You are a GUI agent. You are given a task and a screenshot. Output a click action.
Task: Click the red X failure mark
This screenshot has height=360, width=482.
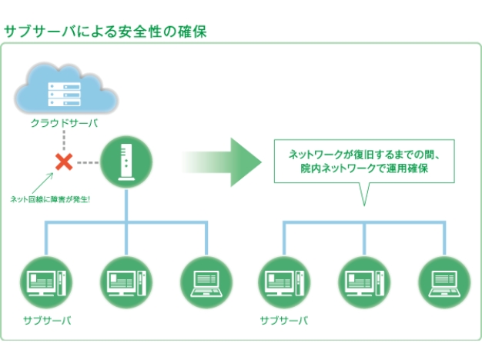pos(64,162)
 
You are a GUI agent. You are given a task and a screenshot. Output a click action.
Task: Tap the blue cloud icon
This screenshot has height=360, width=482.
pos(66,89)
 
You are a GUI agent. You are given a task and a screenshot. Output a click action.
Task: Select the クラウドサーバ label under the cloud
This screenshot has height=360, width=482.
pos(64,123)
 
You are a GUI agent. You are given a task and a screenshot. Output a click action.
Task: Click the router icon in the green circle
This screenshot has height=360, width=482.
pos(126,162)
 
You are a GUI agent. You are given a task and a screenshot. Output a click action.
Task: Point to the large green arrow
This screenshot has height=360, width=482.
pos(222,162)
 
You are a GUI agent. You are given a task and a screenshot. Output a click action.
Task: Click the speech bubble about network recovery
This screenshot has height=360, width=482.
pos(364,162)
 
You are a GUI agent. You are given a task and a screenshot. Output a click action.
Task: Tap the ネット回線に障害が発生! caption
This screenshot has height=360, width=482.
pos(50,199)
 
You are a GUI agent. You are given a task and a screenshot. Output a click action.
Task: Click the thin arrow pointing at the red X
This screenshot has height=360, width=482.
pos(42,183)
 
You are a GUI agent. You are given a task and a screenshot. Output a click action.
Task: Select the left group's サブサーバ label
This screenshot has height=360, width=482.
pos(47,321)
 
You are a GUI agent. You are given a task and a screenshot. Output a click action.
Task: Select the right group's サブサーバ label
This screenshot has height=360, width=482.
pos(283,321)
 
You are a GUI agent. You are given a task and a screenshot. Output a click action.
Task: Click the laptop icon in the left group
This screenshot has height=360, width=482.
pos(206,282)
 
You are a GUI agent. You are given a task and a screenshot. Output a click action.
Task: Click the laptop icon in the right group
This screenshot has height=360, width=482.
pos(444,282)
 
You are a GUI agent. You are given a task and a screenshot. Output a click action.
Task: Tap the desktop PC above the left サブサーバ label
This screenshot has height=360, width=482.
pos(46,282)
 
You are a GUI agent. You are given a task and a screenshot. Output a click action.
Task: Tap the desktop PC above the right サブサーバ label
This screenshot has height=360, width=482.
pos(284,282)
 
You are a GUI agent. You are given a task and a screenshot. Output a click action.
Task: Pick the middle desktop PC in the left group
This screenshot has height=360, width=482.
pos(126,282)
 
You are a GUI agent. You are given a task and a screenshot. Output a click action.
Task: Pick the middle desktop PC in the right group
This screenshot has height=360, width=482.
pos(364,282)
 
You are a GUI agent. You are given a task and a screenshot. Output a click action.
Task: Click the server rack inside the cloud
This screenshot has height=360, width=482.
pos(64,95)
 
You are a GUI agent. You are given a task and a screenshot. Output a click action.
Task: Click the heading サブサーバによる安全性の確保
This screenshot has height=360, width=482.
pos(105,32)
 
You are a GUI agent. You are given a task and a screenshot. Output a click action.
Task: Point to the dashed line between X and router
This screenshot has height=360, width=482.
pos(89,162)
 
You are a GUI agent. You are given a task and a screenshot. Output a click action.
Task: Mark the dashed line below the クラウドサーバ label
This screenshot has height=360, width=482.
pos(64,140)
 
